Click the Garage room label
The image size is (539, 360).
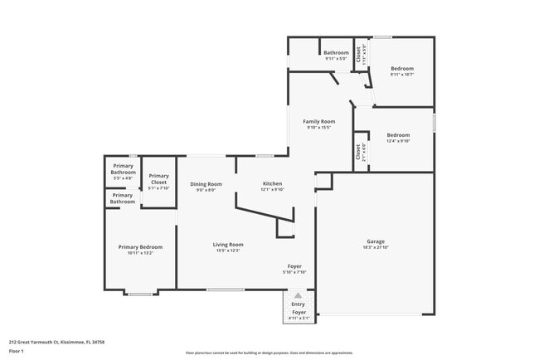376,241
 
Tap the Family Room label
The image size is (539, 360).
318,122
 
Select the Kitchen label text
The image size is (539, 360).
273,183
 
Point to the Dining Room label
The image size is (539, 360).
206,184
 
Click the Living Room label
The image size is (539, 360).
227,245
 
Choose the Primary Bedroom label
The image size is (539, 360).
140,247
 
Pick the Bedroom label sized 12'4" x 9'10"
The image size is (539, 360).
398,134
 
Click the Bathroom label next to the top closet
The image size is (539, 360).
336,53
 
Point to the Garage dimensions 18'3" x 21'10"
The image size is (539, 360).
376,248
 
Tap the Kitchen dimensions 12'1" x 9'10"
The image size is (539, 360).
273,190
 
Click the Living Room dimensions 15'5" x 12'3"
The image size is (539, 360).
227,251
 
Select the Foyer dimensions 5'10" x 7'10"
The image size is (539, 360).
294,272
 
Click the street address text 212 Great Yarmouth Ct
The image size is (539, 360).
45,341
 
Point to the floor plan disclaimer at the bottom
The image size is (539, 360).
269,353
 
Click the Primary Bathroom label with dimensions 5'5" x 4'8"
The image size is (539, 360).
124,169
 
